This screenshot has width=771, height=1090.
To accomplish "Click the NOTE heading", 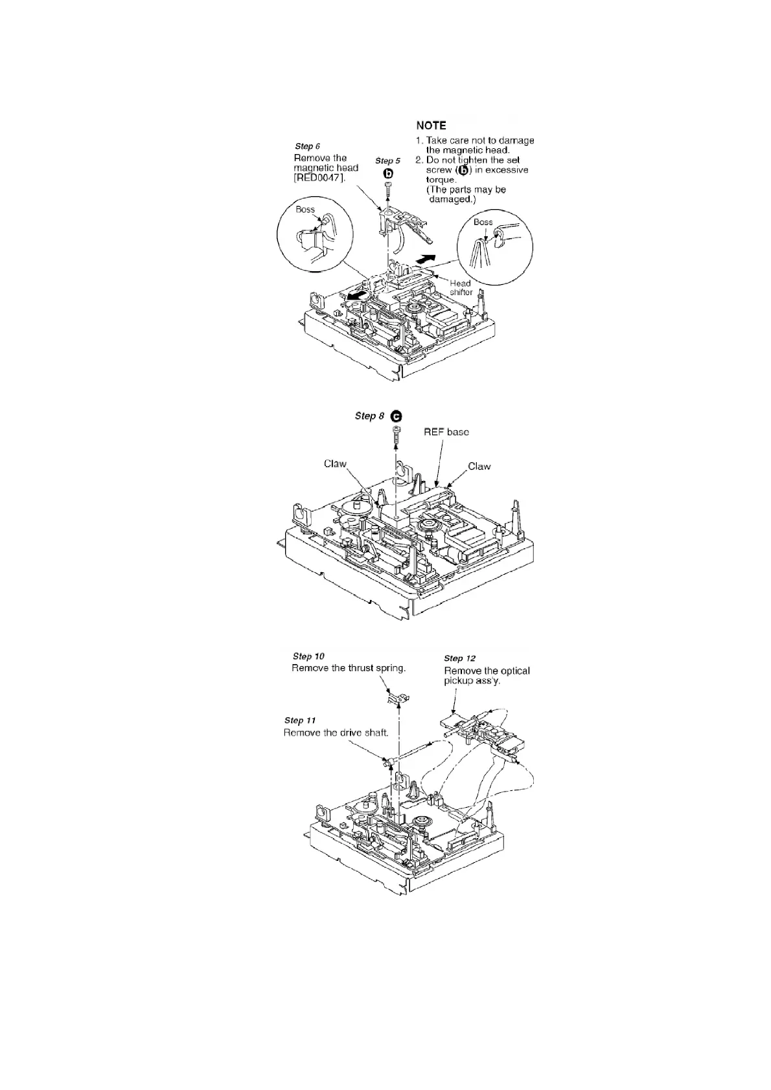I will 431,126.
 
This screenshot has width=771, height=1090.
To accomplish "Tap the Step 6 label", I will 308,146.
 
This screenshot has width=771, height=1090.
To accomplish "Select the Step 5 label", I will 388,161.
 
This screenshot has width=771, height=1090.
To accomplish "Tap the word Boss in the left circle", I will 305,210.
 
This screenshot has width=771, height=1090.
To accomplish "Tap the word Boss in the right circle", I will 483,222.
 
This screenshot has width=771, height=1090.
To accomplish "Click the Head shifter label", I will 461,287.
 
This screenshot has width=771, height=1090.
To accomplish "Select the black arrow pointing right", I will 424,259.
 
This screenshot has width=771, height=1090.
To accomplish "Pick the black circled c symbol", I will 396,416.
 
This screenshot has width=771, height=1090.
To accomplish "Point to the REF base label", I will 446,432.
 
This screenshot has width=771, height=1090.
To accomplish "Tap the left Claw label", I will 335,463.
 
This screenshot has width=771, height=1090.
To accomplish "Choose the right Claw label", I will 479,466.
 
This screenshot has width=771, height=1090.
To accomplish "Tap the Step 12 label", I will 460,658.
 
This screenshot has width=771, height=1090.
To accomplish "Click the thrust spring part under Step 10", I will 399,698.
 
